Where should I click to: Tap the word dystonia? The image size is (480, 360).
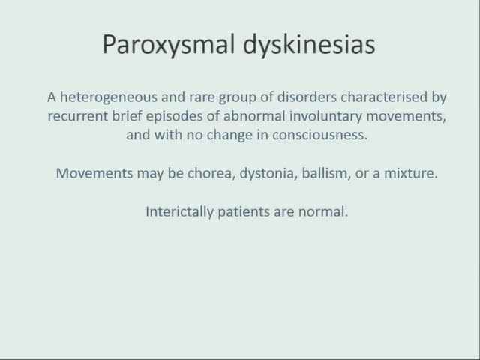tap(245, 173)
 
